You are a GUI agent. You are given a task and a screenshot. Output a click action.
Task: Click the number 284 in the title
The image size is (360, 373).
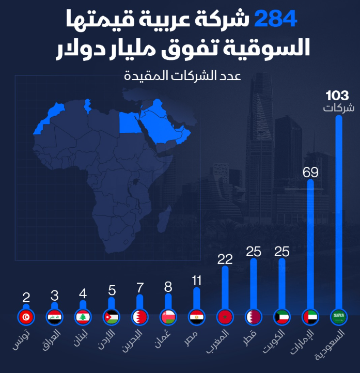(x=276, y=20)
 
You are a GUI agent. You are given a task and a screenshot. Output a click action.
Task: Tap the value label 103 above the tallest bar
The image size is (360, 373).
(x=337, y=96)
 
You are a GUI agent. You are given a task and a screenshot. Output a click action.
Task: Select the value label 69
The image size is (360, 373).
(x=310, y=172)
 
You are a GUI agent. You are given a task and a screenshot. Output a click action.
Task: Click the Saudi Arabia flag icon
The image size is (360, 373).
(x=338, y=316)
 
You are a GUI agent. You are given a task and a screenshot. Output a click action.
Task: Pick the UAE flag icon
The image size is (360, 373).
(x=310, y=316)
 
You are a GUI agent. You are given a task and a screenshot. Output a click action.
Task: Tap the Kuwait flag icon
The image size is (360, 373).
(x=281, y=316)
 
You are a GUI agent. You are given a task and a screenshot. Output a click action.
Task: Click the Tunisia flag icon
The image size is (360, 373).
(x=26, y=316)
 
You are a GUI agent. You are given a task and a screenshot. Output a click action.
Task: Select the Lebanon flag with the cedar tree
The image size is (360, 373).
(x=83, y=316)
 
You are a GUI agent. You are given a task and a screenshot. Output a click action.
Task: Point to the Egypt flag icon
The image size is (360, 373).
(x=196, y=316)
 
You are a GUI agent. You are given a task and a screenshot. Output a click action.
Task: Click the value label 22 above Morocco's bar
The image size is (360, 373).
(x=225, y=259)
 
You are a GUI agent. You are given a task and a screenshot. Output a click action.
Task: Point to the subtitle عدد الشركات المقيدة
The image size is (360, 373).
(x=183, y=75)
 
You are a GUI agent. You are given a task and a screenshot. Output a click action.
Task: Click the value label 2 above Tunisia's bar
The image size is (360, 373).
(x=26, y=298)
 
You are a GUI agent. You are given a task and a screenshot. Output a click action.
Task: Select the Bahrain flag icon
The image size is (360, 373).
(x=139, y=316)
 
